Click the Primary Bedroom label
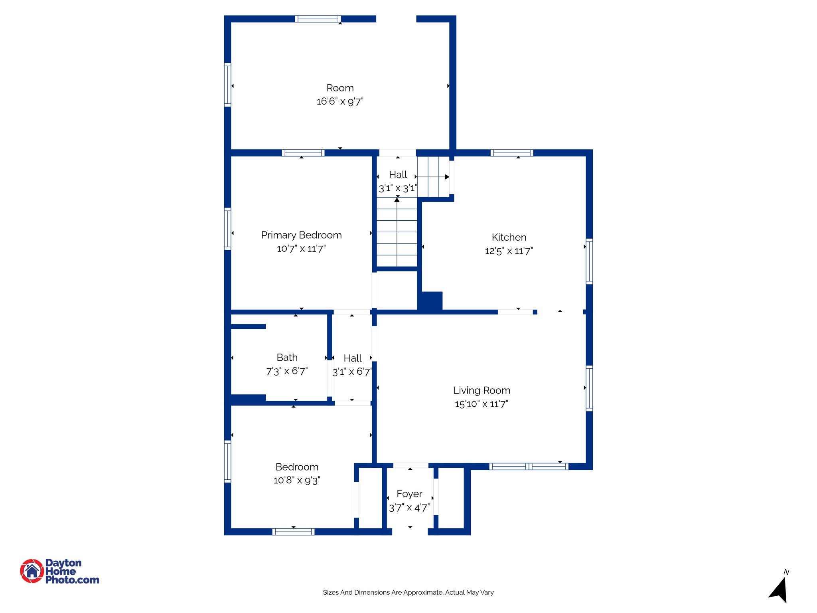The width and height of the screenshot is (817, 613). (301, 235)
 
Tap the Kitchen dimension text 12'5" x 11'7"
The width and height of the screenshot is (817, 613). (509, 251)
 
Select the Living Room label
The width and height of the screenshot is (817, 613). (482, 390)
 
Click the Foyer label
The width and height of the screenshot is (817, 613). (409, 494)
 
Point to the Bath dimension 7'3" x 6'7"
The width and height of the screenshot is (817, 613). (287, 371)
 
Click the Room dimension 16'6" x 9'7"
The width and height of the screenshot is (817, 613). (340, 101)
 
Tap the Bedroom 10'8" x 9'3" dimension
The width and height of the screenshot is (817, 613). (297, 480)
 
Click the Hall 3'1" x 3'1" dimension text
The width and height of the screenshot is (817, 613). (398, 188)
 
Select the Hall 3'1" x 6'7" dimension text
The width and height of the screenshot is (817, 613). (352, 372)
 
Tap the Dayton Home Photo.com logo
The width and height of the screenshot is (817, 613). (59, 571)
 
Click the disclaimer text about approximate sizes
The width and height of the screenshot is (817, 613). (408, 592)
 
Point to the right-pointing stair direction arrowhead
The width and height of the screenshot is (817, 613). (447, 177)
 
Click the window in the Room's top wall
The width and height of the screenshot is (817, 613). (318, 19)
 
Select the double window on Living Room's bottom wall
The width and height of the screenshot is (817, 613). (529, 466)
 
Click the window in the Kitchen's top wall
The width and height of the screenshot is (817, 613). (512, 153)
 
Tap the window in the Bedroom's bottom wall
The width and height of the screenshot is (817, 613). (293, 532)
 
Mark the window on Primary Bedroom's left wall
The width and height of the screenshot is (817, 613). (227, 229)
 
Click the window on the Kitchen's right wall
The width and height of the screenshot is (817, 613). (589, 261)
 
